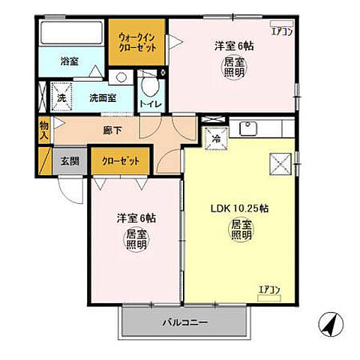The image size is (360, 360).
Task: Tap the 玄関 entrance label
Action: click(x=70, y=160)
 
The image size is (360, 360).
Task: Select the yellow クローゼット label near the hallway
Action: click(x=120, y=160)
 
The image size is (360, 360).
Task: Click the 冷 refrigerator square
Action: click(x=214, y=137)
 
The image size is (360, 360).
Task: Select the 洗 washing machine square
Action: click(x=59, y=97)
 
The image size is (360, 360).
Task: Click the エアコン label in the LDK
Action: click(x=269, y=289)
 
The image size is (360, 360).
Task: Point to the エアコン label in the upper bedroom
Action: click(x=281, y=31)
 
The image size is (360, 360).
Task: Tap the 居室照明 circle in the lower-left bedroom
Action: click(x=136, y=241)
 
